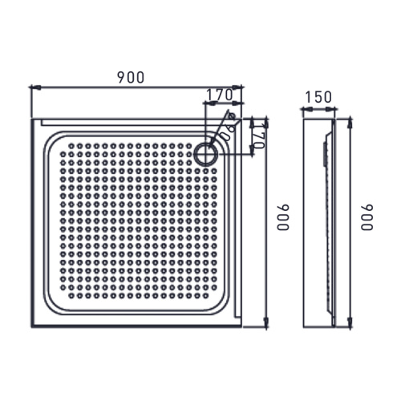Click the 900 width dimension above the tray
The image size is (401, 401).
(130, 77)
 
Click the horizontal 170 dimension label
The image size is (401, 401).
(219, 95)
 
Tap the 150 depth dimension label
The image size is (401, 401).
(318, 98)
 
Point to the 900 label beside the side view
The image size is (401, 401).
(367, 217)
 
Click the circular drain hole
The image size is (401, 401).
(205, 152)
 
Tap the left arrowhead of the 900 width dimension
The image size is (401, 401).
(33, 86)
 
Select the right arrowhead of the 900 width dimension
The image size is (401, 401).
(240, 86)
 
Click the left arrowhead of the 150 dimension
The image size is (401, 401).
(306, 107)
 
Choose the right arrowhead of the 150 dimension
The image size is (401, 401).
(333, 107)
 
